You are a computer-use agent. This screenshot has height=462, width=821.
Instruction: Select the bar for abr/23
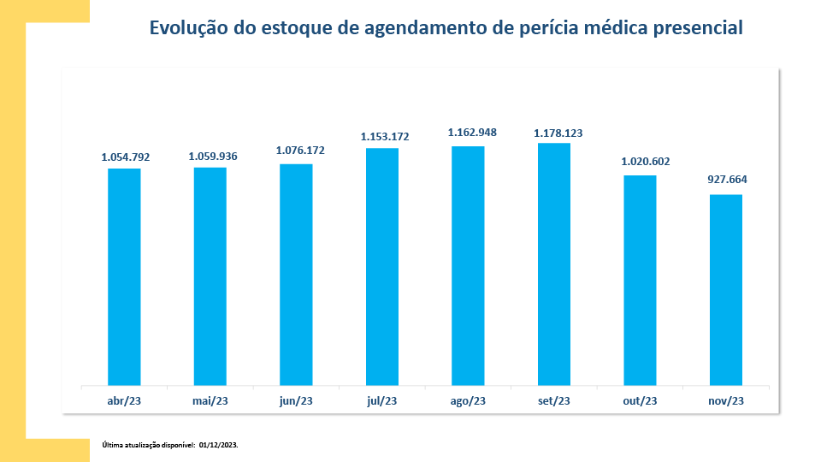click(x=124, y=276)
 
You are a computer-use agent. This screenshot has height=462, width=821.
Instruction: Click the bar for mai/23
click(x=210, y=275)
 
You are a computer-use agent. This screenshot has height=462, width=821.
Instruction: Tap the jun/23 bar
click(x=296, y=274)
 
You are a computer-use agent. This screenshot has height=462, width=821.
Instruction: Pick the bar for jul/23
click(x=382, y=266)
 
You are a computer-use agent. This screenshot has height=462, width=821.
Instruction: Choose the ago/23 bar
click(x=468, y=265)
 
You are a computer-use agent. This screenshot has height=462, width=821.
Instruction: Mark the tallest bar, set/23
click(x=554, y=264)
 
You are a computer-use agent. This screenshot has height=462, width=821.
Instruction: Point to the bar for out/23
click(x=640, y=280)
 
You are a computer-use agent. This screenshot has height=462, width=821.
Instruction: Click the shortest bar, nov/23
click(x=726, y=289)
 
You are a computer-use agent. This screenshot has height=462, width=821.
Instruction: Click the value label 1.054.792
click(x=126, y=157)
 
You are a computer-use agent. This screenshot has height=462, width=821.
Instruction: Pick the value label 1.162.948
click(x=472, y=133)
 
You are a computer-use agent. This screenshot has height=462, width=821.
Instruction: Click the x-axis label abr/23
click(x=124, y=400)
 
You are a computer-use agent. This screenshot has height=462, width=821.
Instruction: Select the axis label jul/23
click(x=382, y=400)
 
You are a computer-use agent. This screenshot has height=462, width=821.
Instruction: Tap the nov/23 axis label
click(x=726, y=400)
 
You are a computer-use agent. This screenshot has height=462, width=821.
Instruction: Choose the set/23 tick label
click(x=554, y=400)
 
